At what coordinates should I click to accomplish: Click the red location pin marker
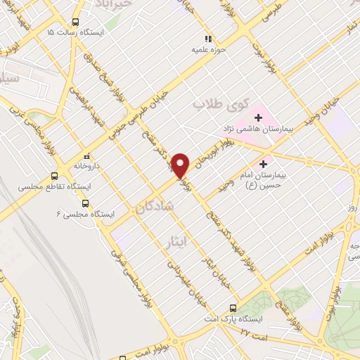pyautogui.click(x=181, y=165)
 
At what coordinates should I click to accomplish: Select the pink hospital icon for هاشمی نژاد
pyautogui.click(x=258, y=115)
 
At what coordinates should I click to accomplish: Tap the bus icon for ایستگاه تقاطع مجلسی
pyautogui.click(x=55, y=176)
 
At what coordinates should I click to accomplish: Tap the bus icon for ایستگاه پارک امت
pyautogui.click(x=233, y=307)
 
